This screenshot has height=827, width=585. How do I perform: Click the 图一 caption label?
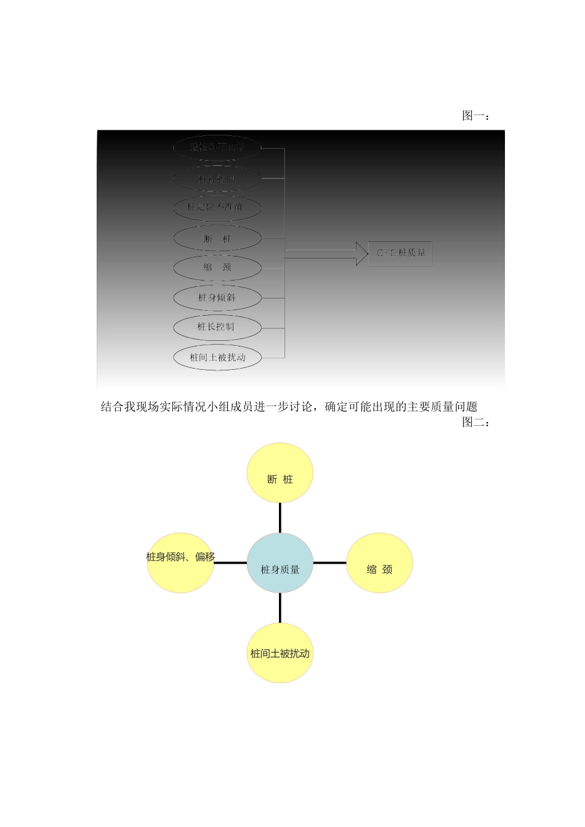coord(475,116)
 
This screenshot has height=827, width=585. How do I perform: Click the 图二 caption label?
coord(475,422)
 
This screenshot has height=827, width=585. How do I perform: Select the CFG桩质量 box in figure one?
coord(400,253)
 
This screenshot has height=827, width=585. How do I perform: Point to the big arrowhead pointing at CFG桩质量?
coord(361,254)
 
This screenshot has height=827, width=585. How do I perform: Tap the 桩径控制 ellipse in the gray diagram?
coord(217,179)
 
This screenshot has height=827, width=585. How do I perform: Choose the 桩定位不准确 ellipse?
coord(217,207)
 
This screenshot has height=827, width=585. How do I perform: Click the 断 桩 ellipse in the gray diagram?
coord(217,238)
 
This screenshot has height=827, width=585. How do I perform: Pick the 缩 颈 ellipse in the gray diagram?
coord(217,268)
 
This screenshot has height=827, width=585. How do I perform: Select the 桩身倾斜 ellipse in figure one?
coord(217,298)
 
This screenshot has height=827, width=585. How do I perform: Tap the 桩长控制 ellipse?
coord(217,327)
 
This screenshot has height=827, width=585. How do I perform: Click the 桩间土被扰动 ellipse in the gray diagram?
coord(217,358)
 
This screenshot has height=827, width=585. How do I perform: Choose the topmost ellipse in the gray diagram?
coord(217,148)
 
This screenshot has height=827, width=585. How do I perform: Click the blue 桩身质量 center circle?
coord(280,563)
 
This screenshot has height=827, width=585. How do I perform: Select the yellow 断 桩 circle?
coord(280,473)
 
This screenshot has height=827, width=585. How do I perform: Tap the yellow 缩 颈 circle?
coord(379,563)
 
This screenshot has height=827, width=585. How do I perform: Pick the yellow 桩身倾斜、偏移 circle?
coord(180,563)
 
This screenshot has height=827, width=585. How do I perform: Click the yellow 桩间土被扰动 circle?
coord(280,653)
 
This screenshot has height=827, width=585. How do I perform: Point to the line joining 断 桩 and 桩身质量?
coord(280,517)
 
